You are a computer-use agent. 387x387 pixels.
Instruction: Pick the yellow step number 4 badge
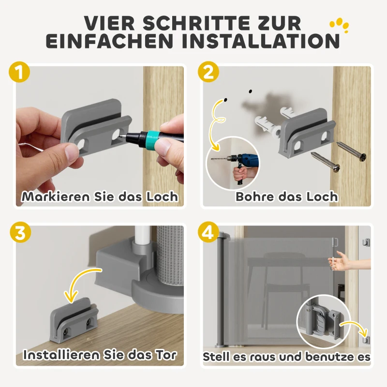[x=208, y=233]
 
